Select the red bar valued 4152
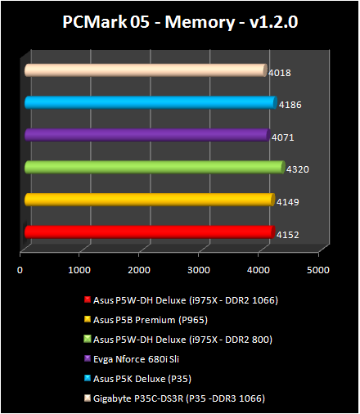(x=147, y=232)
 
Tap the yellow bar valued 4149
(x=147, y=200)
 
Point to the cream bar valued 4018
(x=144, y=71)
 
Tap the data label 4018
(x=280, y=73)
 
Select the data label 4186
(x=289, y=106)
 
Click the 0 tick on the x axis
(x=20, y=268)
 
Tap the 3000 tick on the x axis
(x=199, y=268)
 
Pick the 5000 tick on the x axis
(x=318, y=268)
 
